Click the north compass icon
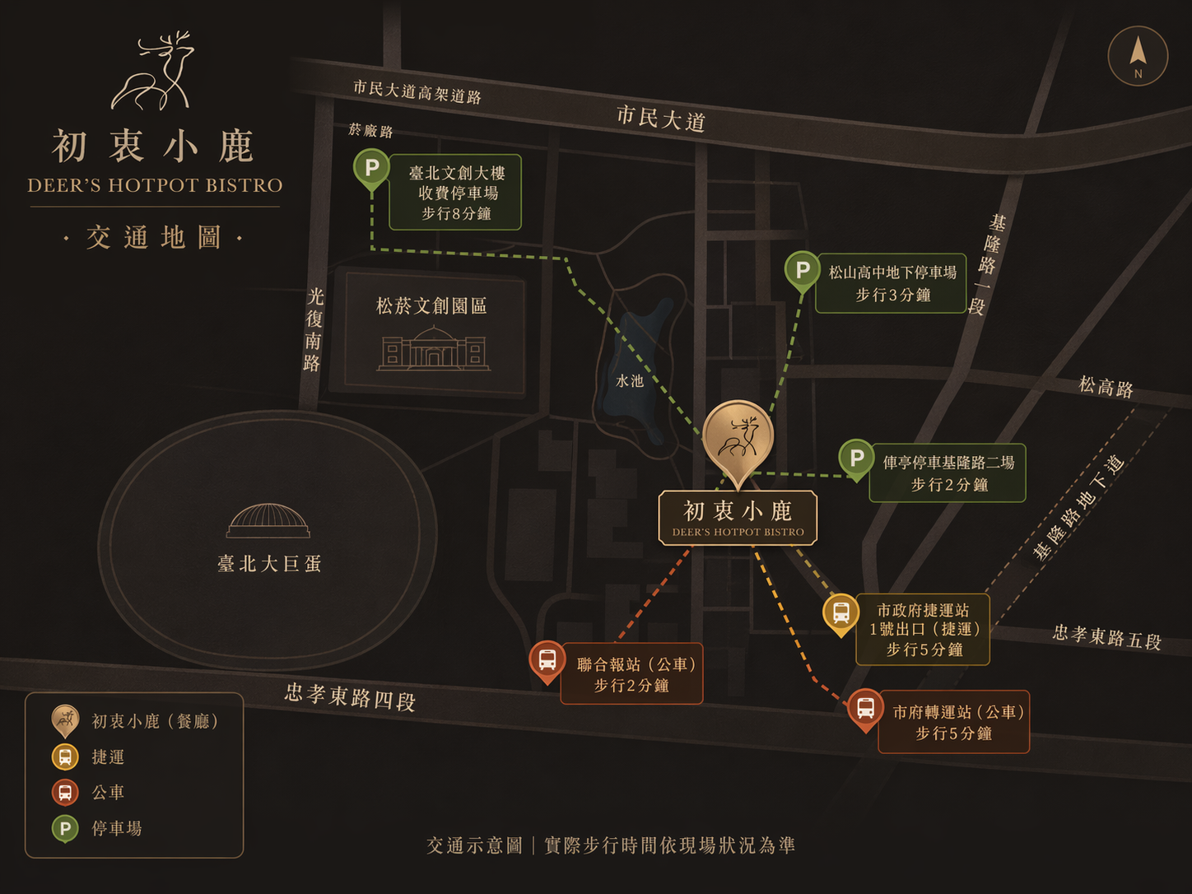pos(1138,56)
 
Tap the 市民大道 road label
pos(661,119)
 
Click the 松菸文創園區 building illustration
pos(434,348)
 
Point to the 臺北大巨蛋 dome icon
pos(268,521)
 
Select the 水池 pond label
pos(630,381)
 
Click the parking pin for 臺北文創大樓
pos(371,169)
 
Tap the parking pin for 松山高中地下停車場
pos(802,270)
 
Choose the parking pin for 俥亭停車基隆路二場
pos(856,458)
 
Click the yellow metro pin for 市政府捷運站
pos(840,612)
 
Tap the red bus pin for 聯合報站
pos(547,660)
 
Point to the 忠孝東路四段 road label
pos(350,696)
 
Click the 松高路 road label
pos(1106,387)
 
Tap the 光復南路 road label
pos(314,329)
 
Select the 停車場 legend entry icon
pos(65,828)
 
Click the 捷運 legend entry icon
pos(65,757)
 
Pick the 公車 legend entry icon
pos(65,792)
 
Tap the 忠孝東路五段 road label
pos(1106,636)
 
